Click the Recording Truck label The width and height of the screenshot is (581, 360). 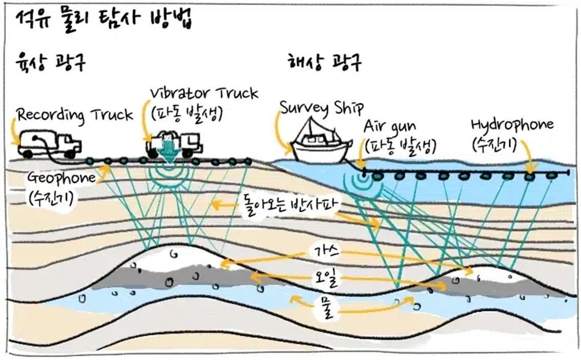(75, 115)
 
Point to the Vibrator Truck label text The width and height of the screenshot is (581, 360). (204, 94)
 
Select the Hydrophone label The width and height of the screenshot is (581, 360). (512, 125)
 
